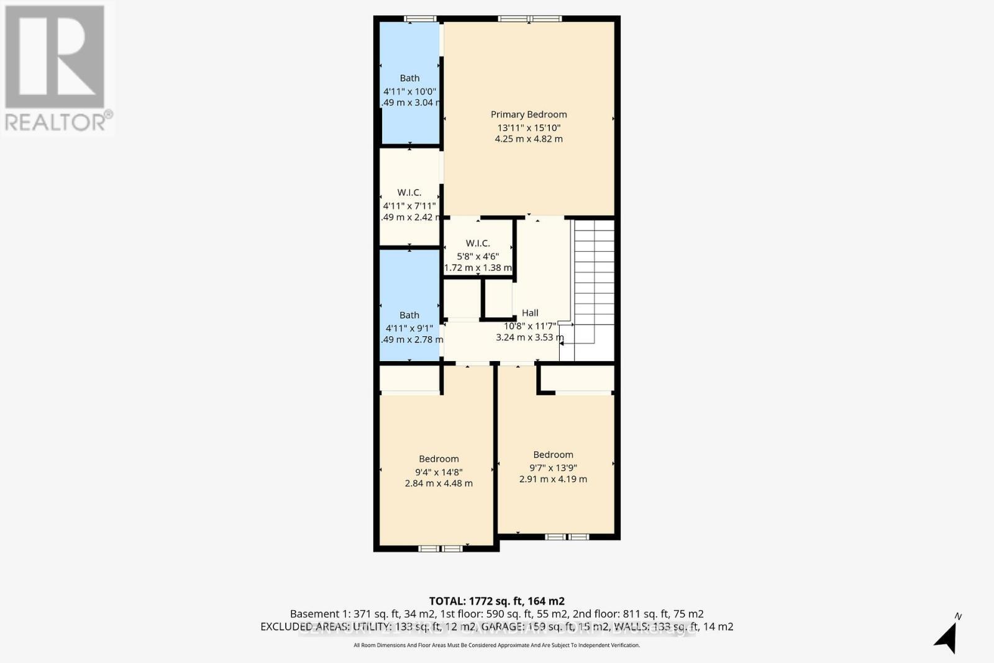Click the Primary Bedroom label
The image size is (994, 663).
[529, 114]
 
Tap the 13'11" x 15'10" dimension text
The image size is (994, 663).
[529, 127]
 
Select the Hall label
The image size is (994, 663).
[530, 313]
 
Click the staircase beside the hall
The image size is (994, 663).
[594, 280]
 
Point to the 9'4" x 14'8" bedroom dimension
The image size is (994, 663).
[439, 472]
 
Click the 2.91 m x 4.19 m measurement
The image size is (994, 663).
[553, 479]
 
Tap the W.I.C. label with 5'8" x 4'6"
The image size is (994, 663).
[478, 244]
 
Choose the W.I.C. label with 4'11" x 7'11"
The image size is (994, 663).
[409, 193]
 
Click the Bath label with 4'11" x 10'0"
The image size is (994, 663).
[409, 78]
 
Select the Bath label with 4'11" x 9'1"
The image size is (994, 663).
[409, 315]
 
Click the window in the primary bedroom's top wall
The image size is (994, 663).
[530, 19]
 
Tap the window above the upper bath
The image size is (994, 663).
[421, 19]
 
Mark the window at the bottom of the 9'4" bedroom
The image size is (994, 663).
[440, 549]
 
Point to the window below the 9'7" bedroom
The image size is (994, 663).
[567, 537]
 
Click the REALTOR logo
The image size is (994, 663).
[57, 68]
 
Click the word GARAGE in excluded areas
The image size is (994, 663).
[491, 626]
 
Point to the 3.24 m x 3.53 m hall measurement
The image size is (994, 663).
[530, 337]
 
